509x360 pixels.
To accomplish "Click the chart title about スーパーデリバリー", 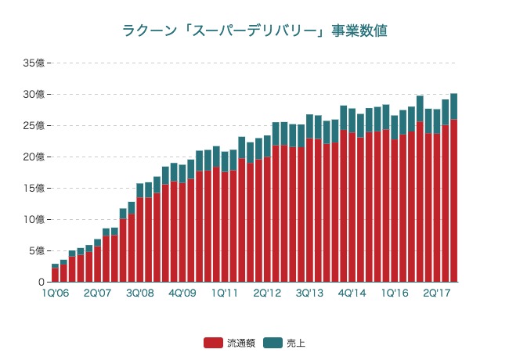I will [254, 31].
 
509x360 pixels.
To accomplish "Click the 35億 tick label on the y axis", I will [34, 63].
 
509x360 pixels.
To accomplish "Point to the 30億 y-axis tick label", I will [34, 94].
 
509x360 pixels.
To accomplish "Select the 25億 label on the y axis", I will [34, 125].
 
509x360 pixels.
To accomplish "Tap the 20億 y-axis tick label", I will [34, 157].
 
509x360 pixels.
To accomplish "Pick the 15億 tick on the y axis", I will [34, 188].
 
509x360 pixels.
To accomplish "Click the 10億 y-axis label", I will [34, 219].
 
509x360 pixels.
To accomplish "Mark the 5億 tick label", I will [37, 250].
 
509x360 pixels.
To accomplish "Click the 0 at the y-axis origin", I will [42, 282].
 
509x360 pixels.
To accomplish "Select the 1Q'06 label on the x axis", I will [55, 293].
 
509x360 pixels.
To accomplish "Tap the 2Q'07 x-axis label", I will [97, 293].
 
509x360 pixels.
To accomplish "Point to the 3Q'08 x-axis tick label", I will [140, 293].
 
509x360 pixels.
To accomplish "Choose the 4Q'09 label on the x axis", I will [182, 293].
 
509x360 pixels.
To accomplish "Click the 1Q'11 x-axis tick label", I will [225, 293].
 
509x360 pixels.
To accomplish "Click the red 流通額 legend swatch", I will [213, 343].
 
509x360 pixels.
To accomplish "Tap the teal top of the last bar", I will [454, 106].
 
